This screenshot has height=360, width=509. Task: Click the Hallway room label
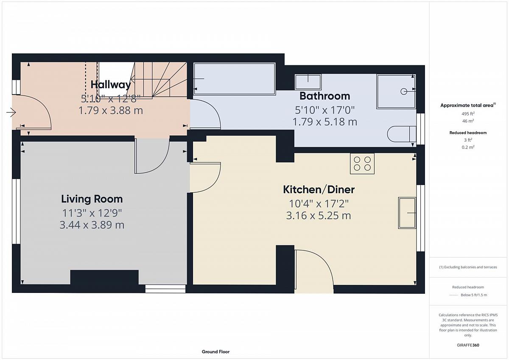point(111,84)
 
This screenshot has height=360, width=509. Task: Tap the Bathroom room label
point(325,96)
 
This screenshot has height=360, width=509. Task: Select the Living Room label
point(92,199)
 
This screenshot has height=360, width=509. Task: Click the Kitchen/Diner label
point(319,189)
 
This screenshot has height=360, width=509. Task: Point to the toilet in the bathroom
point(402,134)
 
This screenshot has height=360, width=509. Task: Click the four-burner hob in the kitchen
point(362,164)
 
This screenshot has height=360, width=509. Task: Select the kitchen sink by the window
point(407,213)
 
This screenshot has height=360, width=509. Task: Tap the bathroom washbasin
point(308,82)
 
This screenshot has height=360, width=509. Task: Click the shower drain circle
point(403,91)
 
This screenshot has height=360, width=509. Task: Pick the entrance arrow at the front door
point(11,112)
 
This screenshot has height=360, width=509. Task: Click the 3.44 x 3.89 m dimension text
point(92,225)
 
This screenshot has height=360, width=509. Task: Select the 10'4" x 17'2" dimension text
point(319,203)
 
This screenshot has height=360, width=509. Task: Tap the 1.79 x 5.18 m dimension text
point(325,122)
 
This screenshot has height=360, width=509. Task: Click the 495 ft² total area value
point(468,114)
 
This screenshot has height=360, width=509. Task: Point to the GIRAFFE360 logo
point(468,345)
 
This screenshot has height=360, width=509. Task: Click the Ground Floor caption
point(215,352)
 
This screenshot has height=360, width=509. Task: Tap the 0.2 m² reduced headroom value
point(468,147)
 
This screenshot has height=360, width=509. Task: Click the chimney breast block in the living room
point(104,277)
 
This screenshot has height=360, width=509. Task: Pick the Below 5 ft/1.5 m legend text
point(474,295)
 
